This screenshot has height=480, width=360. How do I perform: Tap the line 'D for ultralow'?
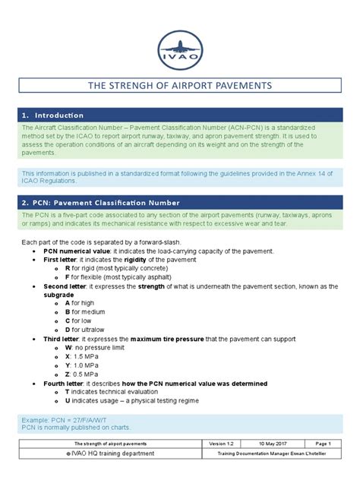(88, 330)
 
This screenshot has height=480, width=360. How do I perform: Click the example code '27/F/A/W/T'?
(88, 418)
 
